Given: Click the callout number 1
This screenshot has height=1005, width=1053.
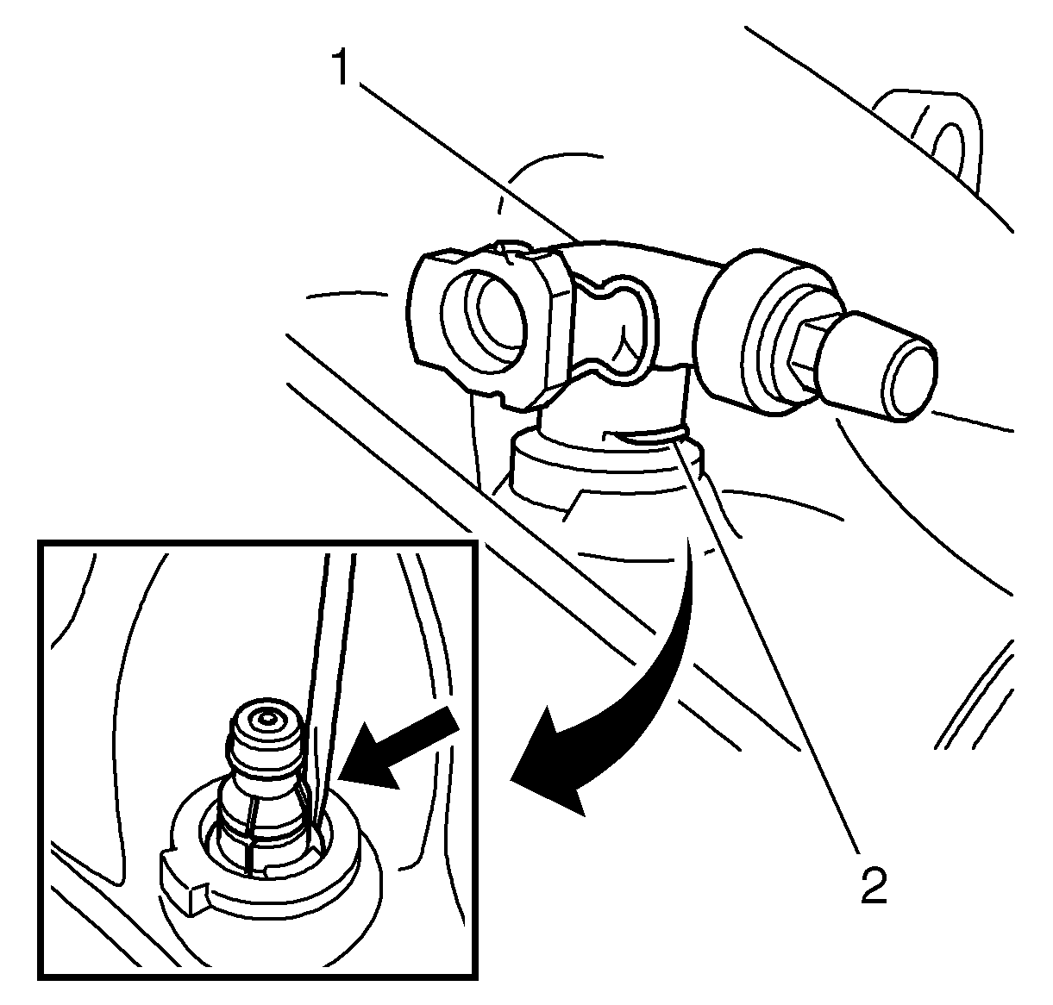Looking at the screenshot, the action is click(342, 66).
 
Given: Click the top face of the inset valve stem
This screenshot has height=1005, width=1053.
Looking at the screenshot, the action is click(265, 718).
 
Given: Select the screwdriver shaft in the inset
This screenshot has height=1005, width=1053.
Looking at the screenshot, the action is click(330, 676).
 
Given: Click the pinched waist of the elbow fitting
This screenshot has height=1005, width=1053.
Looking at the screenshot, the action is click(617, 325).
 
